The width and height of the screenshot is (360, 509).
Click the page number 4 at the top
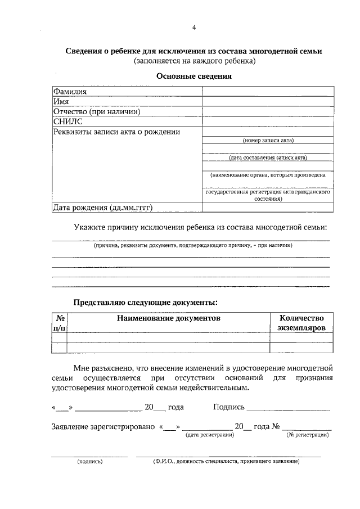(194, 28)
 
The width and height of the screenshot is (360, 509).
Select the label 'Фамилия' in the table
(70, 92)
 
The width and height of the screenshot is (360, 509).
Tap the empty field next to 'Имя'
(268, 102)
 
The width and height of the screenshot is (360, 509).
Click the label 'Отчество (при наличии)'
(96, 111)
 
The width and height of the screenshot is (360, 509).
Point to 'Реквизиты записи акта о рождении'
(116, 132)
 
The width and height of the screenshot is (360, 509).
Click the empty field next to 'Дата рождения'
(268, 208)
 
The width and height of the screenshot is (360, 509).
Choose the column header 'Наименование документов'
(168, 318)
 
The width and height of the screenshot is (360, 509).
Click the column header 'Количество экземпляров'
(301, 322)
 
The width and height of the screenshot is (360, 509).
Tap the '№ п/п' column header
(59, 322)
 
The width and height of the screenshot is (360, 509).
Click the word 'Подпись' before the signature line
(229, 407)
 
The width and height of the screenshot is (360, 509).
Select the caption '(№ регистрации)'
(307, 435)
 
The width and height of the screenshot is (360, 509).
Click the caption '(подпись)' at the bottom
(90, 462)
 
